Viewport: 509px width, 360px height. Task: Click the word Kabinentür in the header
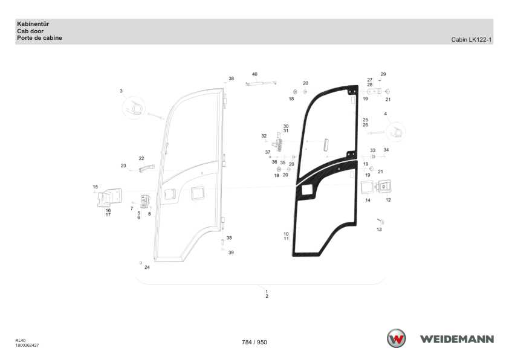33,24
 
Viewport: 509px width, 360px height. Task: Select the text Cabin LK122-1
472,40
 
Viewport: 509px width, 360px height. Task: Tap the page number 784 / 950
254,342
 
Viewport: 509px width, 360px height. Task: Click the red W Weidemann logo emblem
396,338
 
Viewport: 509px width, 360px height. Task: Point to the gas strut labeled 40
261,84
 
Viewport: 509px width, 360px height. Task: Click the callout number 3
121,91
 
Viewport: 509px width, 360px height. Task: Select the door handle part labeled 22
146,169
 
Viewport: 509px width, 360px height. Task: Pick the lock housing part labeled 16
109,198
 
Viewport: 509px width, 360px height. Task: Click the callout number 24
147,267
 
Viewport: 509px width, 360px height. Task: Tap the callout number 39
231,252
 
